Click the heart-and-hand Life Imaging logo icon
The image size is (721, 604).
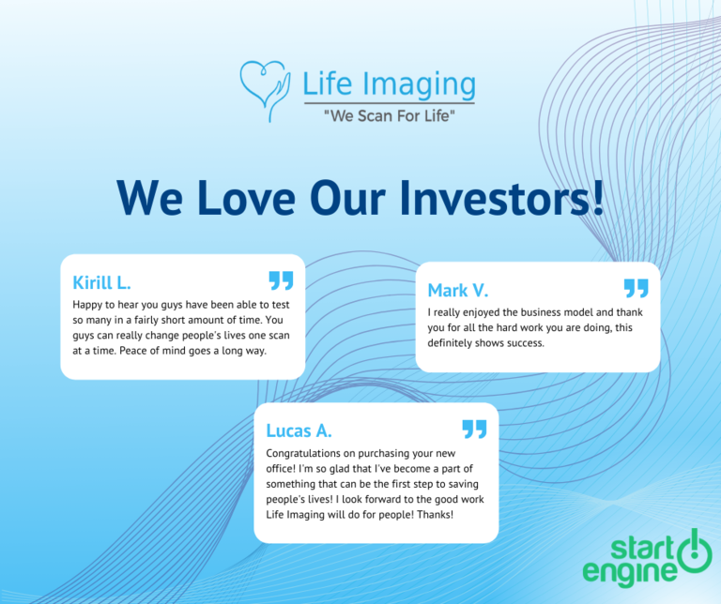265,90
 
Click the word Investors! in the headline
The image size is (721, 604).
497,198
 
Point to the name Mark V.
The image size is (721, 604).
458,290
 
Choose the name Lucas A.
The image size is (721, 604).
299,430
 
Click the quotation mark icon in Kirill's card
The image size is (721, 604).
281,279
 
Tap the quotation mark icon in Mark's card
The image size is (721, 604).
636,288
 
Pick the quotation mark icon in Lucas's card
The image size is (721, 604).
474,429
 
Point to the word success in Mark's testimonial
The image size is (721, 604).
524,342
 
